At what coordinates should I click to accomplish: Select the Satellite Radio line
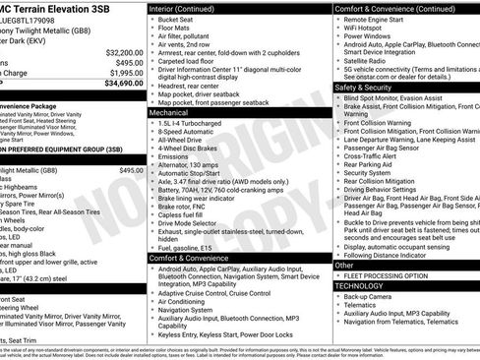coord(371,62)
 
